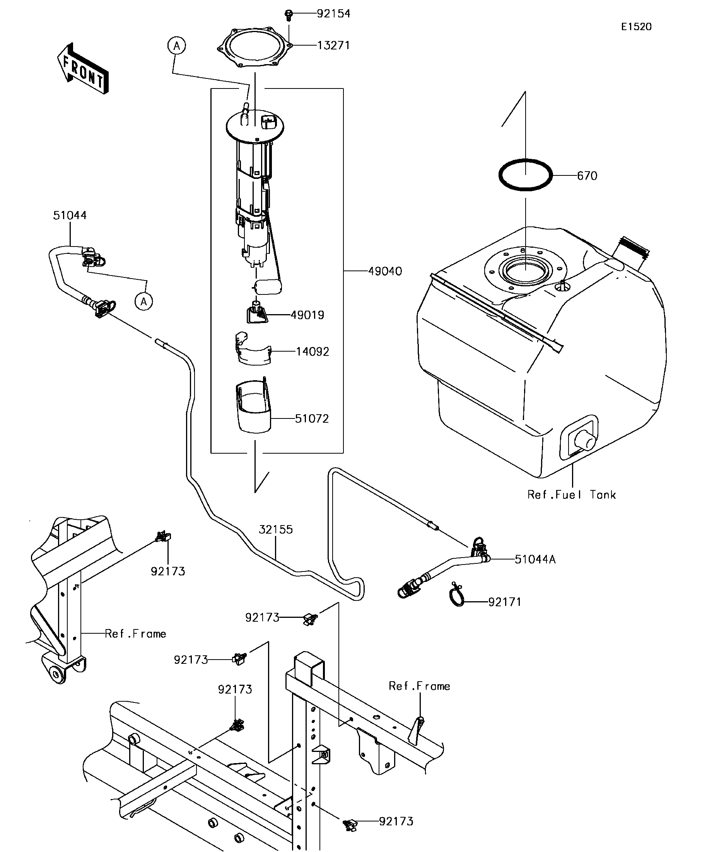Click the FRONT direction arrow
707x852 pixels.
[x=83, y=69]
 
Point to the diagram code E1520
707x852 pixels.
[x=636, y=27]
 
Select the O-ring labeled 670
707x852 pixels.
[x=526, y=175]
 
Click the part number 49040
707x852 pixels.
[x=385, y=271]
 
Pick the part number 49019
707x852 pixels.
[x=307, y=315]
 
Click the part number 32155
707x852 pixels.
[x=276, y=529]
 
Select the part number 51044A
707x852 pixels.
[x=535, y=559]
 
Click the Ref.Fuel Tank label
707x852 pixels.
[x=571, y=495]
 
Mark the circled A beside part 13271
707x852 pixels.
[x=177, y=46]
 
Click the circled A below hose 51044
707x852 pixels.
[x=144, y=301]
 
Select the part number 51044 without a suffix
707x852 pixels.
[x=70, y=216]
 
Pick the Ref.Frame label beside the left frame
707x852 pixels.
[x=135, y=634]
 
